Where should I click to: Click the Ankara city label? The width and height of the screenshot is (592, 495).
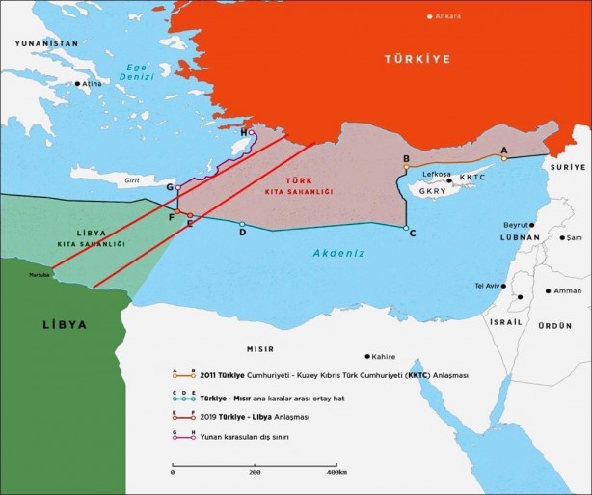click(449, 16)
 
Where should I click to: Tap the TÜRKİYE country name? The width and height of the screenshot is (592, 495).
click(417, 59)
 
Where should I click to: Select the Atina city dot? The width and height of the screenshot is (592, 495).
click(78, 83)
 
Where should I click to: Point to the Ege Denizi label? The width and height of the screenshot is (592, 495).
click(137, 72)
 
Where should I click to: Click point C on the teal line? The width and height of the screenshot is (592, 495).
click(406, 228)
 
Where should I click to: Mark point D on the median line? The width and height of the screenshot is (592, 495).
click(242, 224)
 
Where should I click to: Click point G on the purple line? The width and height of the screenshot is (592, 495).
click(178, 187)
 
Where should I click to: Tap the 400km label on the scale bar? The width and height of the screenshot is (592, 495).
click(336, 473)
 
